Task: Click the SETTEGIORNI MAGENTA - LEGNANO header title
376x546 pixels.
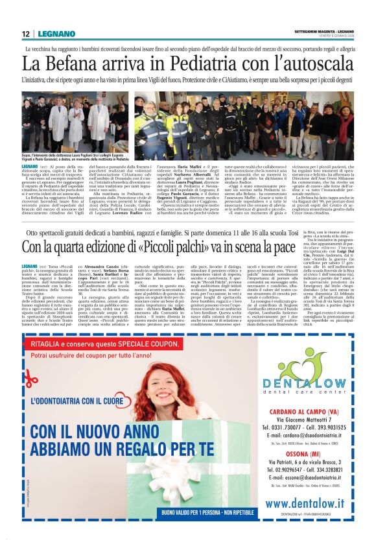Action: pyautogui.click(x=323, y=30)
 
